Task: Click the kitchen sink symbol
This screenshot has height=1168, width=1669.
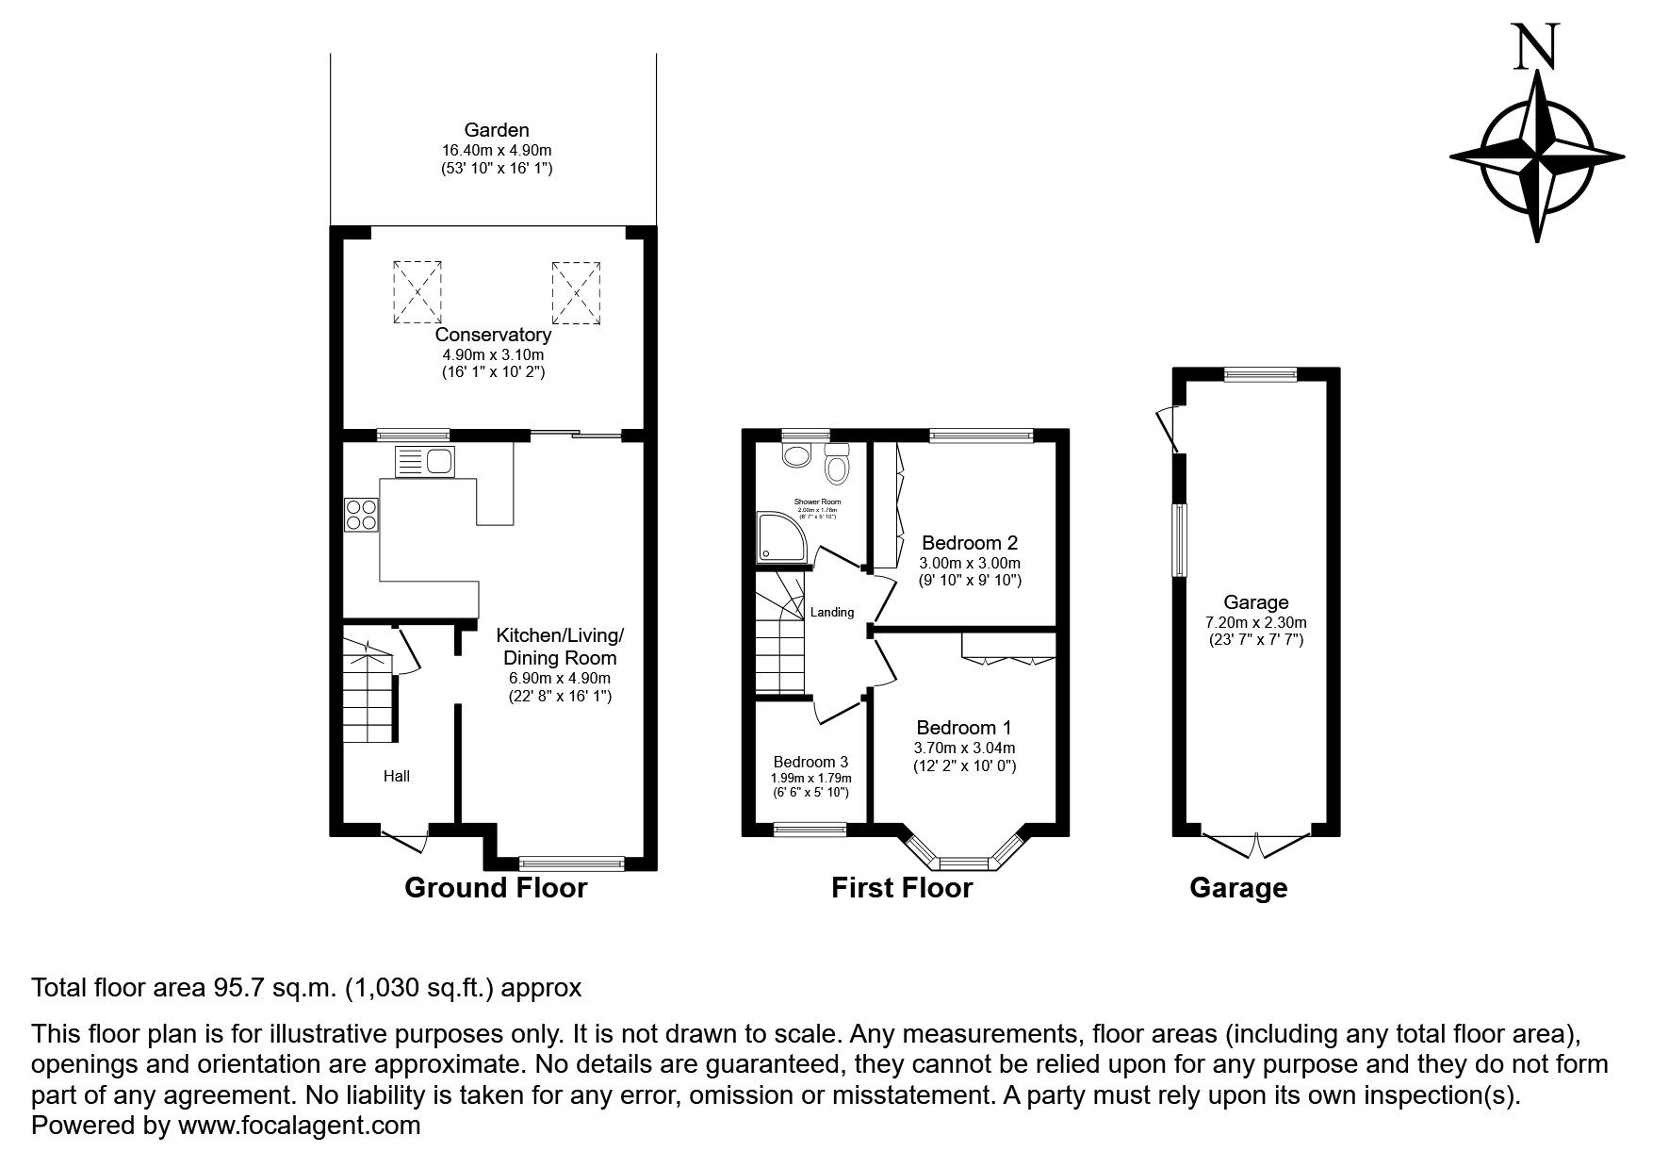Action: (x=424, y=462)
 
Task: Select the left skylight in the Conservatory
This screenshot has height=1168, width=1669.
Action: (x=417, y=290)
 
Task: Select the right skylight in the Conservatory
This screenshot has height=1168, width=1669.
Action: (x=576, y=290)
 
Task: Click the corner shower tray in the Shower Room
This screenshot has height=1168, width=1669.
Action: (x=780, y=537)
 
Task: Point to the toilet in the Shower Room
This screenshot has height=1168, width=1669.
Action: (x=836, y=463)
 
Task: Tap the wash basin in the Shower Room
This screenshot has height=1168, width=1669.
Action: (x=796, y=455)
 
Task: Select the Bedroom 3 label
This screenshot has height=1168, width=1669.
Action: (x=810, y=762)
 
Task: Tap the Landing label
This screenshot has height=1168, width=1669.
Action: (x=832, y=613)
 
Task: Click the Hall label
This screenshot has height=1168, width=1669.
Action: (x=397, y=777)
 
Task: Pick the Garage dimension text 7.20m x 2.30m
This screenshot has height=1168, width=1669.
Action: (x=1256, y=622)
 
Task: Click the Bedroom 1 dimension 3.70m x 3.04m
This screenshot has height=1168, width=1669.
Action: (x=964, y=748)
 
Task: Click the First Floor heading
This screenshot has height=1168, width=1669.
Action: (x=902, y=888)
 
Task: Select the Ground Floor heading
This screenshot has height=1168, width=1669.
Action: (x=496, y=888)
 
